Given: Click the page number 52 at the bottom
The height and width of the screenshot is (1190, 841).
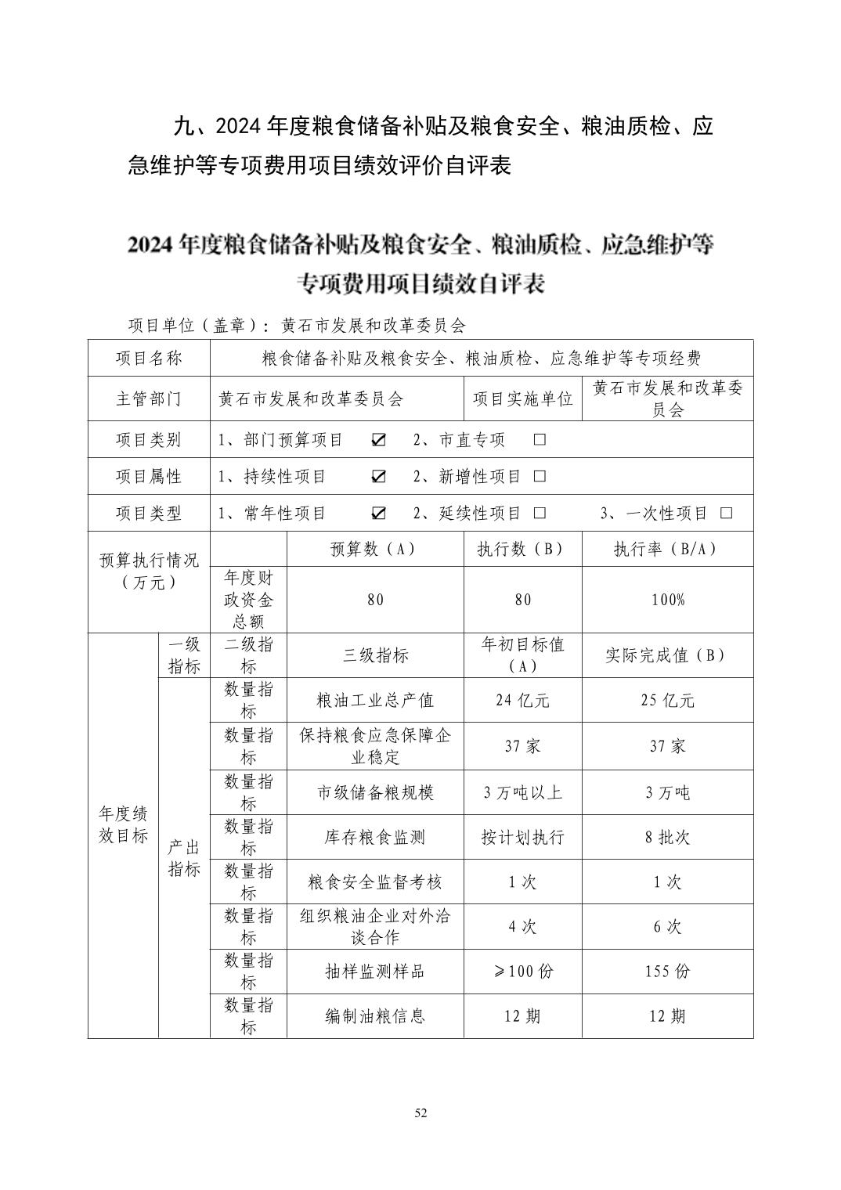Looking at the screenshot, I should [420, 1113].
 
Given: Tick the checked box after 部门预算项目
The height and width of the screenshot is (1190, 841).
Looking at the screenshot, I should [378, 440].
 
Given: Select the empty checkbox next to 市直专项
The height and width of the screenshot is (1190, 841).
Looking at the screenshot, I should [539, 440].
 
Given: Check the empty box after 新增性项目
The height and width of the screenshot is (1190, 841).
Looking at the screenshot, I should [539, 477].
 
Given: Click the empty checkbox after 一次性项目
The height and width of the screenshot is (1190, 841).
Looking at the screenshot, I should [726, 514].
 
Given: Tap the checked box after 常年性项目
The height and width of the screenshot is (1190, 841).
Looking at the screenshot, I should [378, 514].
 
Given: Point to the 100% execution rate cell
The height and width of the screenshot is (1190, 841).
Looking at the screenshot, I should [667, 600].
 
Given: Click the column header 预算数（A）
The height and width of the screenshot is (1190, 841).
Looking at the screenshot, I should [375, 550].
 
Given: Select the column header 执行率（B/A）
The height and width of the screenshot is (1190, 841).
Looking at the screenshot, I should [667, 550].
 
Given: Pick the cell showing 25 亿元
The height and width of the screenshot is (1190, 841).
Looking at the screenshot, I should [667, 701].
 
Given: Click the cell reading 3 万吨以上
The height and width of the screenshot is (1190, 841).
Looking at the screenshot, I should [522, 793].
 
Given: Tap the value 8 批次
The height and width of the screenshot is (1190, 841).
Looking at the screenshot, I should [667, 838].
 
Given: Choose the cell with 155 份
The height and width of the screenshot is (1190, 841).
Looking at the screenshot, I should [667, 972].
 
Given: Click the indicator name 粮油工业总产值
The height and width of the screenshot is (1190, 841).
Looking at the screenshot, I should [375, 701].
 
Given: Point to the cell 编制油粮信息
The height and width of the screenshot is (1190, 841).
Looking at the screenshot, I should [375, 1017].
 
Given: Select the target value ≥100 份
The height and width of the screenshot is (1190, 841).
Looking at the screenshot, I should [522, 972].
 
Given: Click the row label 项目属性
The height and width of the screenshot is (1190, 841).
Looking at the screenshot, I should [149, 477].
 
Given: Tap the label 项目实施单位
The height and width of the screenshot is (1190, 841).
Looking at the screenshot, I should [522, 399].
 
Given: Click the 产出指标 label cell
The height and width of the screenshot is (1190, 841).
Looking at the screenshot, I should [184, 858].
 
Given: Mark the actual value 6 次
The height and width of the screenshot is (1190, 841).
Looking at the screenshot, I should [667, 927].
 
